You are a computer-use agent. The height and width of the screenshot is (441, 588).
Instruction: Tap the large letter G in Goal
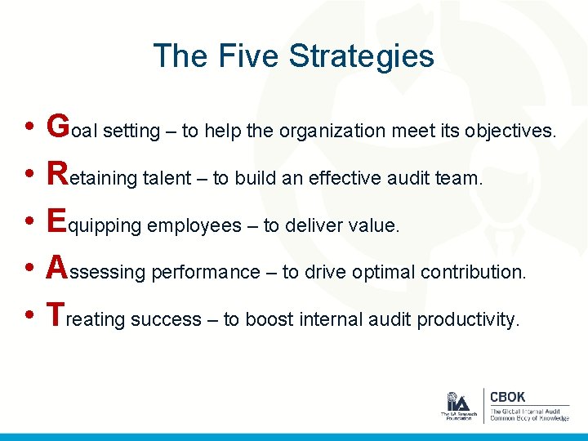click(x=58, y=127)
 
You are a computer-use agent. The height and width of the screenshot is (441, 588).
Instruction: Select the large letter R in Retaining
click(x=58, y=173)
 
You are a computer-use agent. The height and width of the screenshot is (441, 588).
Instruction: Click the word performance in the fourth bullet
click(x=205, y=273)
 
